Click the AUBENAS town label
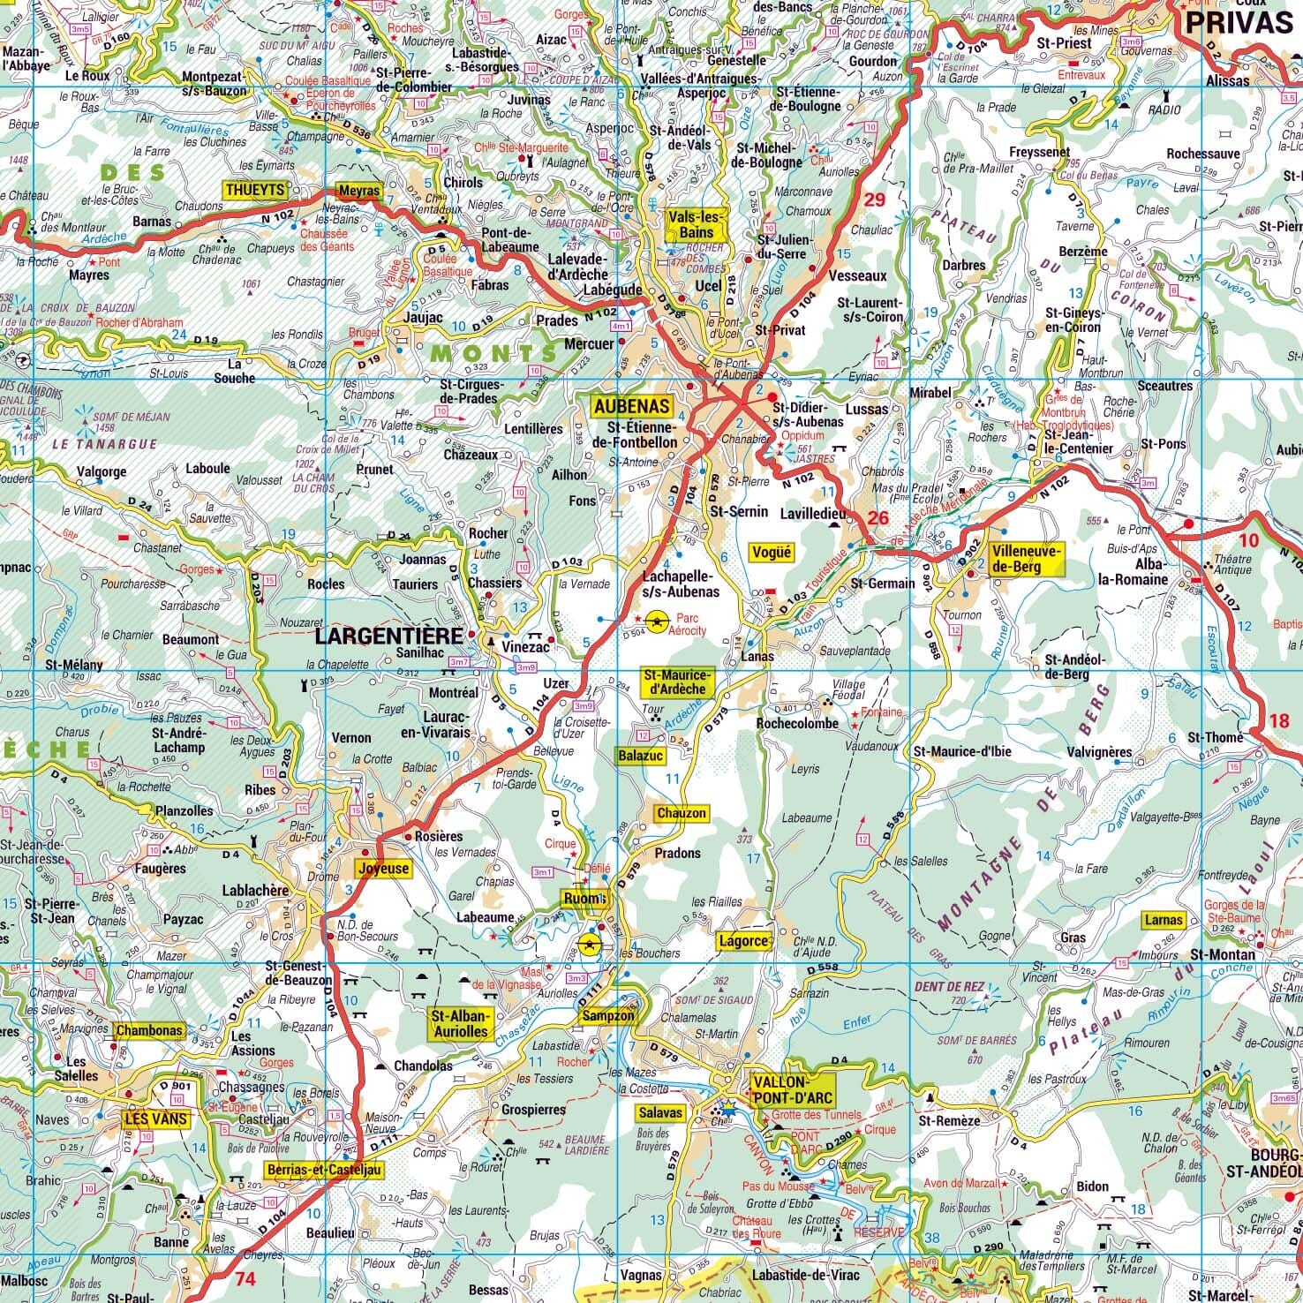point(631,406)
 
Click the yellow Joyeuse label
point(384,868)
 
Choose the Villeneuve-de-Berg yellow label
point(1027,559)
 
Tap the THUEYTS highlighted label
point(255,190)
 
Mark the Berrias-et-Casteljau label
point(324,1170)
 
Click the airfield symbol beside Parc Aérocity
point(656,622)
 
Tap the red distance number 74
point(245,1277)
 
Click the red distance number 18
point(1278,720)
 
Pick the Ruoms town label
point(584,899)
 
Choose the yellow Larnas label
point(1163,920)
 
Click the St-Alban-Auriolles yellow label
point(458,1023)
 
